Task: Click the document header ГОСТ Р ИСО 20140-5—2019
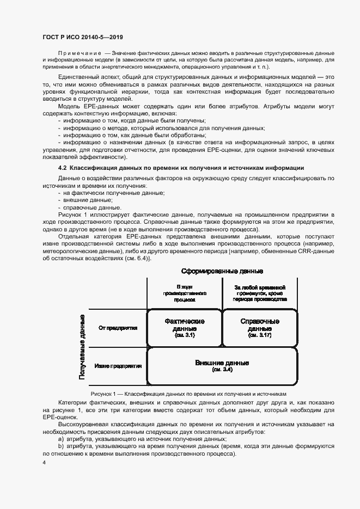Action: (x=82, y=37)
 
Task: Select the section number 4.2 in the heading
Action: (x=62, y=168)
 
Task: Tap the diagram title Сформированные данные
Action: (x=222, y=271)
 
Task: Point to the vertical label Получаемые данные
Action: (x=82, y=346)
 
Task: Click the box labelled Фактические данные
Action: (x=185, y=328)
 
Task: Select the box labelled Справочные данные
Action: (x=260, y=328)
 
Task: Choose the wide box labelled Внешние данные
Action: (x=222, y=365)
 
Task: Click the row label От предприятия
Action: (x=118, y=328)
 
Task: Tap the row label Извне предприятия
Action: (x=118, y=366)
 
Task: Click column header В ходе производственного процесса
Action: (x=185, y=293)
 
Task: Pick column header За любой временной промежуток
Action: (x=260, y=293)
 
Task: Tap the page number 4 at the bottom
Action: (x=44, y=463)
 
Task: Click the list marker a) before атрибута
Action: (x=60, y=438)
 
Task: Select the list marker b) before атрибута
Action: (x=60, y=446)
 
